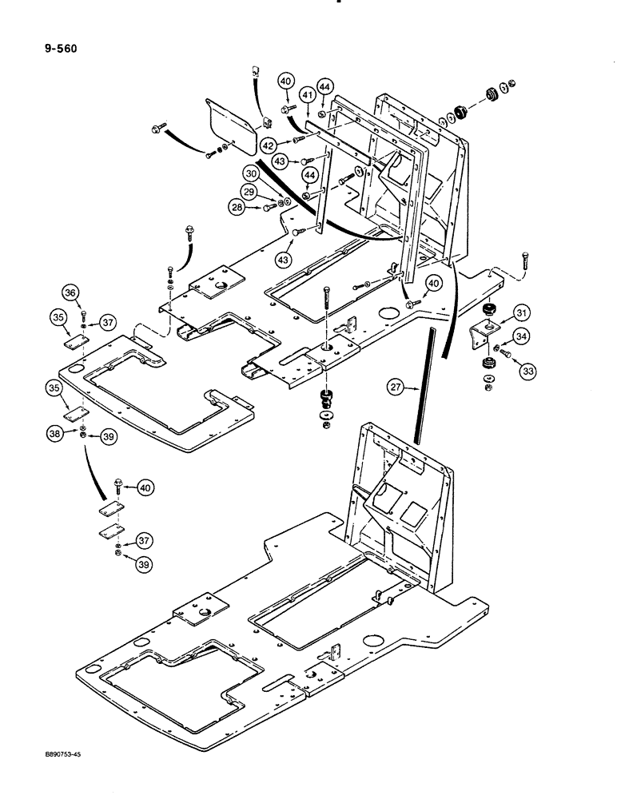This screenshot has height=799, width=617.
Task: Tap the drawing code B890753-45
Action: tap(60, 771)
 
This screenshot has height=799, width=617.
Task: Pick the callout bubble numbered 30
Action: tap(252, 174)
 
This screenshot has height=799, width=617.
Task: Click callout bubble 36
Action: tap(70, 294)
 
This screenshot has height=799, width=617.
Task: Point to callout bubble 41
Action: tap(308, 97)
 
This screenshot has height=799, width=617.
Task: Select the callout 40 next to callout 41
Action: tap(285, 80)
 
